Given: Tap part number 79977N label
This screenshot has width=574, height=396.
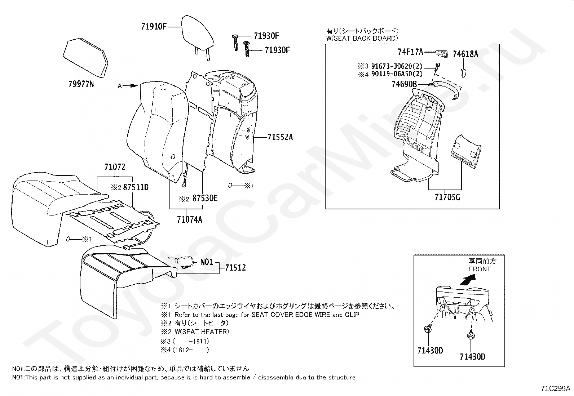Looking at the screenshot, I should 81,84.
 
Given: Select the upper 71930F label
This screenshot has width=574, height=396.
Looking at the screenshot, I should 266,36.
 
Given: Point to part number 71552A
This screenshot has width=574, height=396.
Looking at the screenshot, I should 280,137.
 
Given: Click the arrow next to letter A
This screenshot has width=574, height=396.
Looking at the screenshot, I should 133,86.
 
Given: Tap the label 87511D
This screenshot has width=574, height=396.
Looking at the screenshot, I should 136,187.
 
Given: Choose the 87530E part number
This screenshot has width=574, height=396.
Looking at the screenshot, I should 204,198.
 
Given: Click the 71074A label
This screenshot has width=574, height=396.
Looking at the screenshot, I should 189,219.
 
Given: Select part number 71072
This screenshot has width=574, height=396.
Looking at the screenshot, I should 115,167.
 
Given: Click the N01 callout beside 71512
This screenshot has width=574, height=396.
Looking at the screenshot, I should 207,262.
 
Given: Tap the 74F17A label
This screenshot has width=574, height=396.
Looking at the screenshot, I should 410,52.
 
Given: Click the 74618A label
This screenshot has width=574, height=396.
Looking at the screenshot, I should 465,54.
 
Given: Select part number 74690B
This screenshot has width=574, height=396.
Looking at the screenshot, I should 404,85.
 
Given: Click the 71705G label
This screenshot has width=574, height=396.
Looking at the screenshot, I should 447,197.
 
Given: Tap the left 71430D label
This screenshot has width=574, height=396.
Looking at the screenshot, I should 430,350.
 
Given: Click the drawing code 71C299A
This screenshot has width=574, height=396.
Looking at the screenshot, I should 555,388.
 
